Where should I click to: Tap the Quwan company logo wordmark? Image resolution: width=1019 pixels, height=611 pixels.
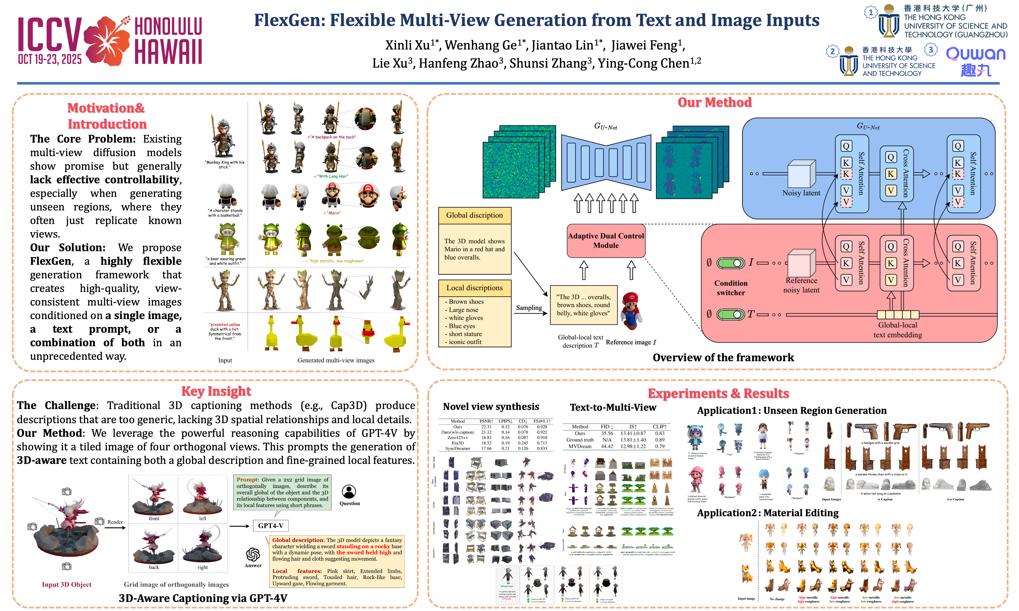coord(975,53)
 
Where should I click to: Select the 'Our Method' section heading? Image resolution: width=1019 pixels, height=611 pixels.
coord(715,102)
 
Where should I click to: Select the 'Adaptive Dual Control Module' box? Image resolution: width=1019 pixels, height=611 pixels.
coord(605,241)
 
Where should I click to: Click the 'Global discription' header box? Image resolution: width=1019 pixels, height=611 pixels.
coord(474,215)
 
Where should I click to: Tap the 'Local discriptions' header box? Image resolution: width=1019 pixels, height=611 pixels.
coord(474,288)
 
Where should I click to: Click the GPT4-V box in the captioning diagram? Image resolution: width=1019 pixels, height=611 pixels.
coord(270,526)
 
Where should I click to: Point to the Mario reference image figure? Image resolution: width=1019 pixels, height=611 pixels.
coord(630,311)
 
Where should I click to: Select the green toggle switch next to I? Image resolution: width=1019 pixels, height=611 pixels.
coord(730,263)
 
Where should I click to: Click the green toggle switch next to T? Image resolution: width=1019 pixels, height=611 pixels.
coord(730,315)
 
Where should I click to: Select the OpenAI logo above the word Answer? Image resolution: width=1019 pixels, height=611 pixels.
coord(253,554)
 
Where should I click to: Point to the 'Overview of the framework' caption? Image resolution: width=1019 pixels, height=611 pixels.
coord(723,357)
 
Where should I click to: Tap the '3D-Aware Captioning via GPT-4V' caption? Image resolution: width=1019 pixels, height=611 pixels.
coord(203,598)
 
